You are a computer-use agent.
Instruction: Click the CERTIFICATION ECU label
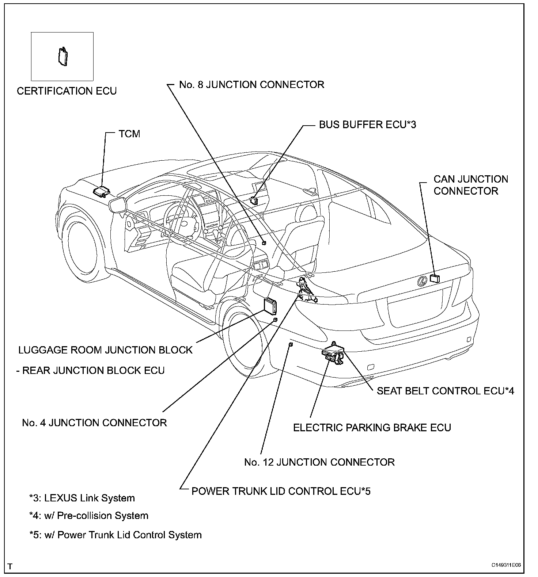[67, 91]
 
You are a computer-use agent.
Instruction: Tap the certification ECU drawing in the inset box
[63, 57]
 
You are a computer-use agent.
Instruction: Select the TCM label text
[129, 134]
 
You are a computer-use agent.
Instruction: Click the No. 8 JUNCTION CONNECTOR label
[251, 85]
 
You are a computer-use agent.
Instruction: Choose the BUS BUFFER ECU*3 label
[367, 125]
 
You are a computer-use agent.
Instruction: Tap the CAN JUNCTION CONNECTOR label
[470, 185]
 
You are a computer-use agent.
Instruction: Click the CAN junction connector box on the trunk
[435, 278]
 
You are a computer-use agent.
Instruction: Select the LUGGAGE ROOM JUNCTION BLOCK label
[105, 350]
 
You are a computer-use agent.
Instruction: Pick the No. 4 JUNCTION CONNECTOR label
[94, 423]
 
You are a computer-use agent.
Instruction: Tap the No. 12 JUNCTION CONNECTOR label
[319, 462]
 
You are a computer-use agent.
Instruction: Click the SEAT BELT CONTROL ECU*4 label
[445, 391]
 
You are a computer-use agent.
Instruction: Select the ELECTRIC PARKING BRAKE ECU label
[372, 428]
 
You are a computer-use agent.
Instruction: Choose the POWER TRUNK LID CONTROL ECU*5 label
[281, 491]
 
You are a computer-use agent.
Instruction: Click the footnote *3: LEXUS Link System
[82, 498]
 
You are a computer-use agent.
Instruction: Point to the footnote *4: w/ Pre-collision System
[89, 516]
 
